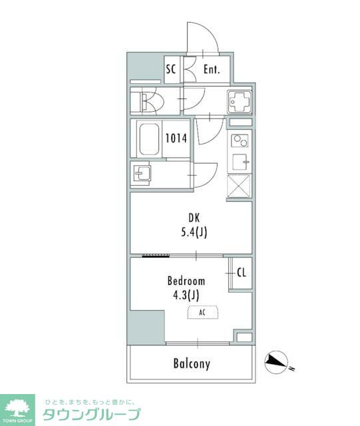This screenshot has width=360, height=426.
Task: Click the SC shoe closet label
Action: pyautogui.click(x=171, y=69)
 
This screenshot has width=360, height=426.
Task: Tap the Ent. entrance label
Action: pyautogui.click(x=212, y=69)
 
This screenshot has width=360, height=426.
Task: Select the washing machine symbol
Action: pyautogui.click(x=240, y=102)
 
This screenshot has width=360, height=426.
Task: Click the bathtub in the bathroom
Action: pyautogui.click(x=149, y=139)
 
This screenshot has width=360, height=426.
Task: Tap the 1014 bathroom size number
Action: pyautogui.click(x=176, y=138)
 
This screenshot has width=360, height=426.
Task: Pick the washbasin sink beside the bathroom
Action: pyautogui.click(x=142, y=174)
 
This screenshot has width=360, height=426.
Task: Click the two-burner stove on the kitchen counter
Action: pyautogui.click(x=240, y=140)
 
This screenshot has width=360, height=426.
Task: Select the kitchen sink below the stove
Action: pyautogui.click(x=240, y=162)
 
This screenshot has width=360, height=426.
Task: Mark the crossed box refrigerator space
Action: pyautogui.click(x=239, y=186)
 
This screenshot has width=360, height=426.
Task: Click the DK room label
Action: pyautogui.click(x=194, y=218)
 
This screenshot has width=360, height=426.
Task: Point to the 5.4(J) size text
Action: pyautogui.click(x=194, y=232)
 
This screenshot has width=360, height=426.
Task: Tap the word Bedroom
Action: pyautogui.click(x=186, y=281)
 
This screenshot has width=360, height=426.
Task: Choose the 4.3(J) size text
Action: pyautogui.click(x=186, y=295)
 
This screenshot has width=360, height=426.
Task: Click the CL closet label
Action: pyautogui.click(x=242, y=272)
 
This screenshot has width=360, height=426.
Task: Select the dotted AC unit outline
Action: pyautogui.click(x=202, y=312)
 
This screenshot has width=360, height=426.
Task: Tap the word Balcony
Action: pyautogui.click(x=192, y=364)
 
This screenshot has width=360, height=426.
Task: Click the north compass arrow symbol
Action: pyautogui.click(x=277, y=362)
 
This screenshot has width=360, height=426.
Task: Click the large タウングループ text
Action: pyautogui.click(x=92, y=414)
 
